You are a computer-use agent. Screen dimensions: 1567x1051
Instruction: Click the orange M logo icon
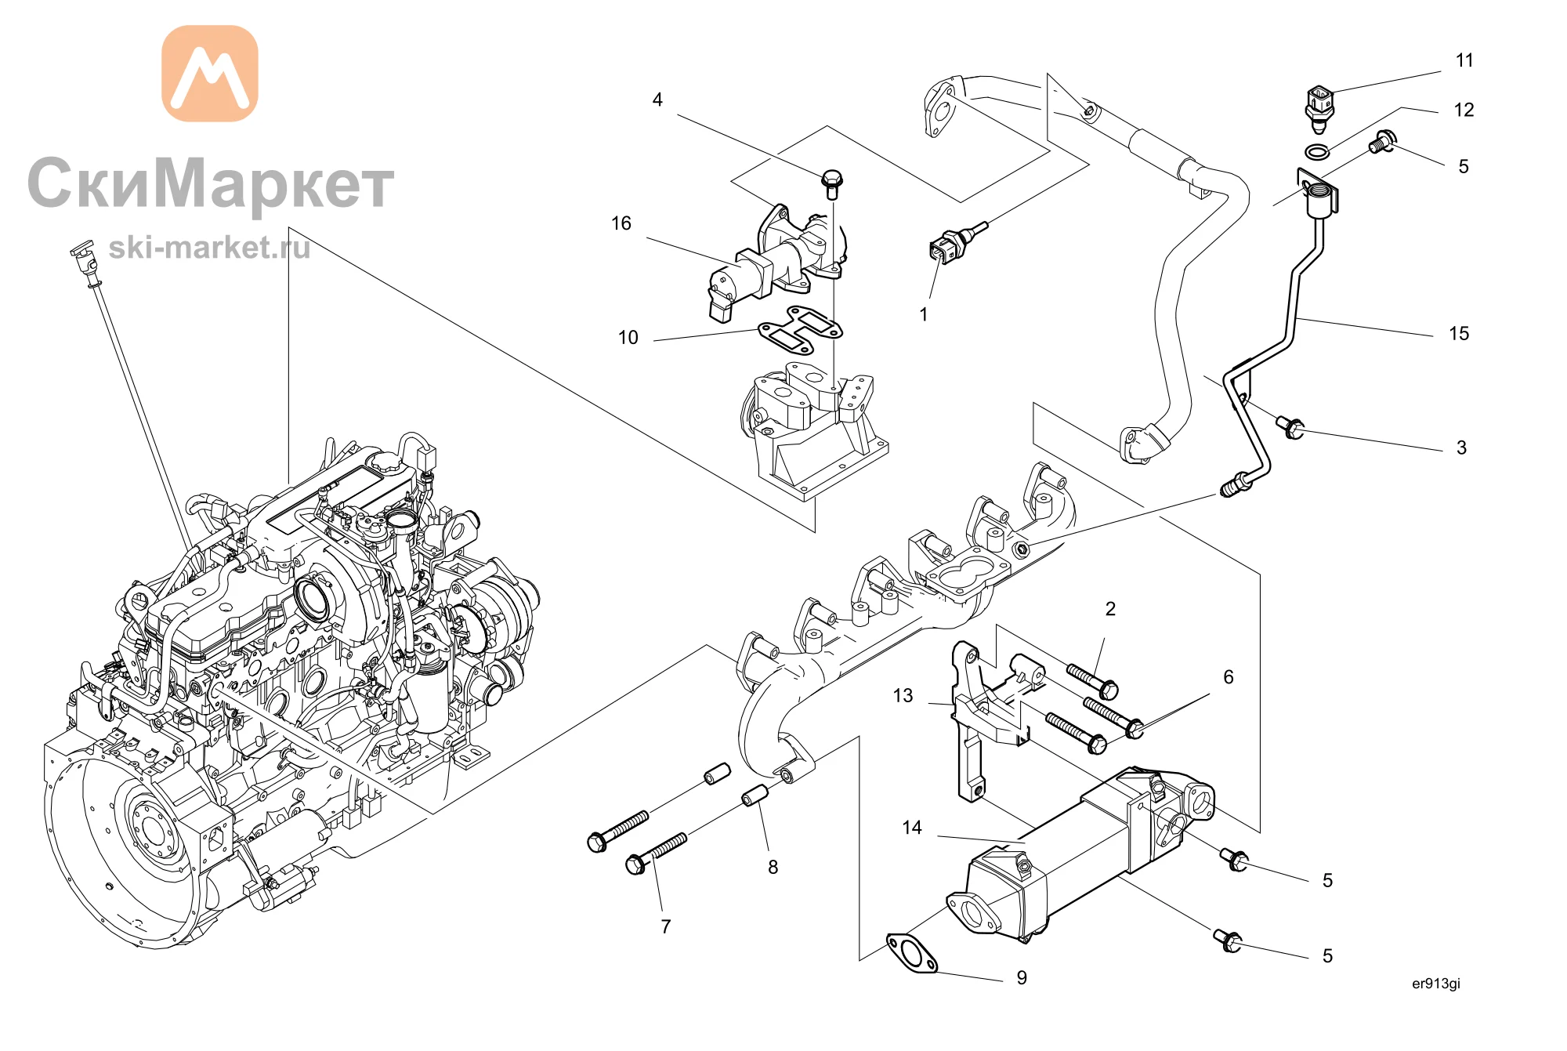coord(210,74)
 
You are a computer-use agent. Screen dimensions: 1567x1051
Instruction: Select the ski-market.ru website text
coord(209,248)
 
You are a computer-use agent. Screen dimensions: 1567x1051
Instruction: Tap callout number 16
coord(621,223)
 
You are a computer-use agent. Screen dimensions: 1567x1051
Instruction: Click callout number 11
coord(1464,60)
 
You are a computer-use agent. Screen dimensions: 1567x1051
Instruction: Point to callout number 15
coord(1459,333)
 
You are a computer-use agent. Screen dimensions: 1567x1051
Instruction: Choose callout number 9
coord(1022,977)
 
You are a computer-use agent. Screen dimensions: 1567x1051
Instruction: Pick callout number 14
coord(912,828)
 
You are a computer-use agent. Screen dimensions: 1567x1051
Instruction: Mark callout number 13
coord(903,695)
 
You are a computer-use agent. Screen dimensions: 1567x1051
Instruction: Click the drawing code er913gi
coord(1436,984)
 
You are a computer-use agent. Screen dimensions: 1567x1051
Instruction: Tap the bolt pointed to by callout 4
coord(832,184)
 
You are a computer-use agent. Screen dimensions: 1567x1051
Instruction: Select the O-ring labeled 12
coord(1318,151)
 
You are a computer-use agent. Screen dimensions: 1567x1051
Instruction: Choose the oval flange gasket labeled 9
coord(911,953)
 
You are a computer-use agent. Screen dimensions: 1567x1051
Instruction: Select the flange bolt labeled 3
coord(1290,427)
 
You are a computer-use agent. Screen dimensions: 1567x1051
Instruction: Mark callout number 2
coord(1110,609)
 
